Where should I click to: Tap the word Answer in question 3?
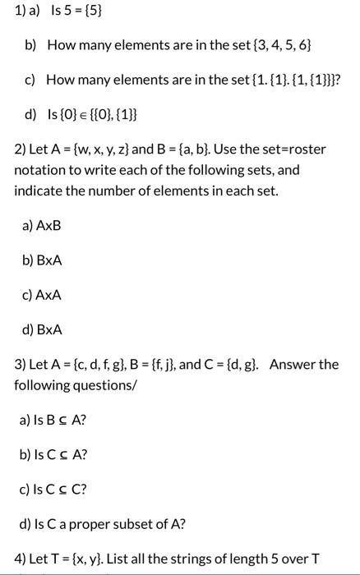(291, 364)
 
